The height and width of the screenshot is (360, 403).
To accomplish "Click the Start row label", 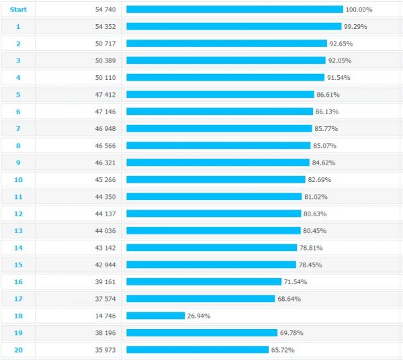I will [18, 9].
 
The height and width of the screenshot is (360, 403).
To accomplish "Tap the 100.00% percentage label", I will [359, 9].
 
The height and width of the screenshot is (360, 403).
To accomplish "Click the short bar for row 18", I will [155, 316].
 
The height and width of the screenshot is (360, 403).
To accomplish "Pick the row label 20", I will [18, 350].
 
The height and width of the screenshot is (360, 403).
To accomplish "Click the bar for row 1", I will [234, 26].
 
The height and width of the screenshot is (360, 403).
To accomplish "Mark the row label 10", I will [18, 179].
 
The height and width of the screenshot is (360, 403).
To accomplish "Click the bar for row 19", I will [201, 332].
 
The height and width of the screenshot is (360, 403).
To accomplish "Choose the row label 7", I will [18, 128].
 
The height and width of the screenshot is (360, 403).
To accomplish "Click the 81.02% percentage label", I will [318, 197].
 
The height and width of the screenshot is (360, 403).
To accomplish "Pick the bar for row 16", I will [204, 281].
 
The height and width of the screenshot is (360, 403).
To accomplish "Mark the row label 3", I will [18, 60].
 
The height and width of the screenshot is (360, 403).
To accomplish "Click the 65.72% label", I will [282, 350].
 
